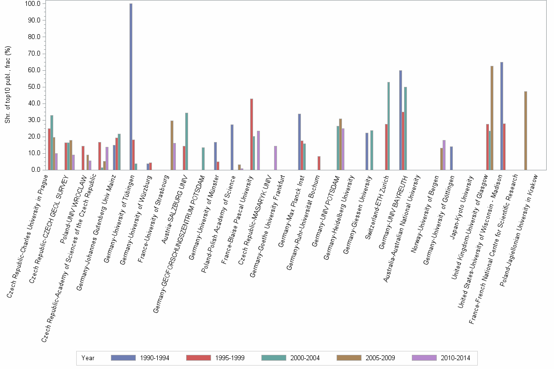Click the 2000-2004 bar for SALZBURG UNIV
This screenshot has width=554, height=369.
click(x=187, y=142)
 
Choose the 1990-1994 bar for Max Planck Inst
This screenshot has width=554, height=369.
click(x=299, y=142)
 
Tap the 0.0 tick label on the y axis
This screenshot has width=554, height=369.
click(x=36, y=170)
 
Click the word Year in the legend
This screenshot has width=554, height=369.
click(x=88, y=358)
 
